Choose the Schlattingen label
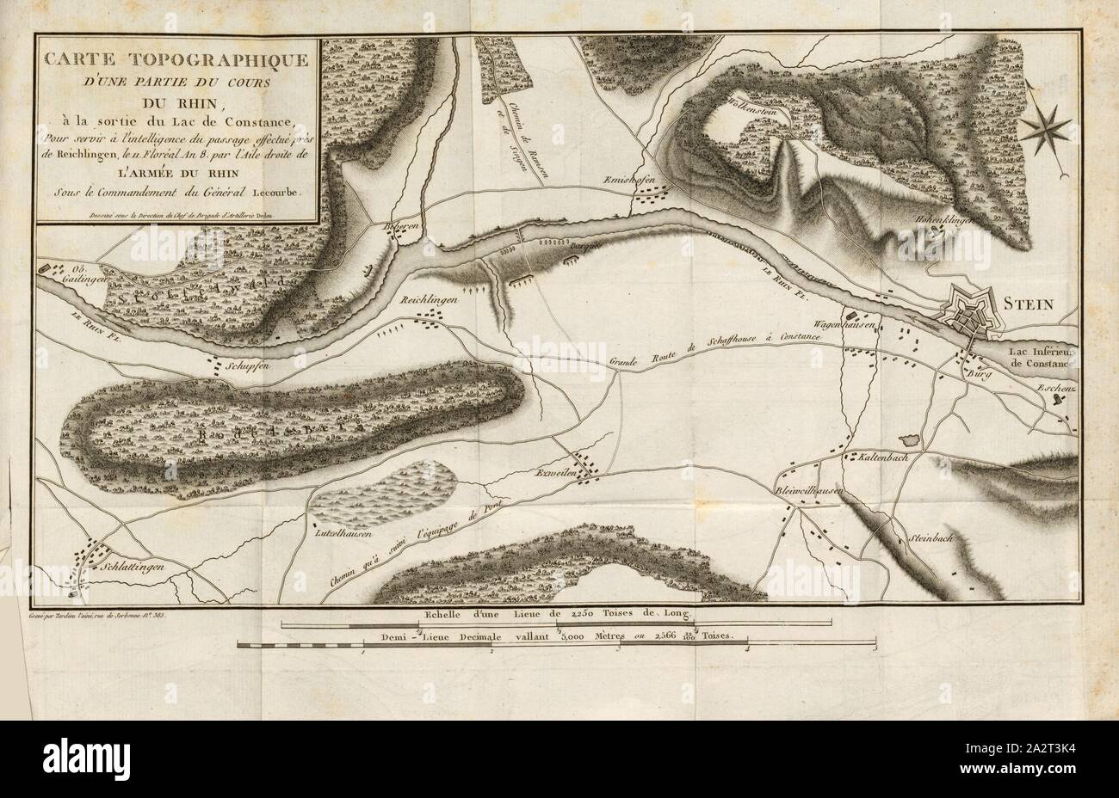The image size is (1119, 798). point(121,568)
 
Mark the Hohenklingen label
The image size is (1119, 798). point(949,220)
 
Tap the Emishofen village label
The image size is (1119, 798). point(662,178)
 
